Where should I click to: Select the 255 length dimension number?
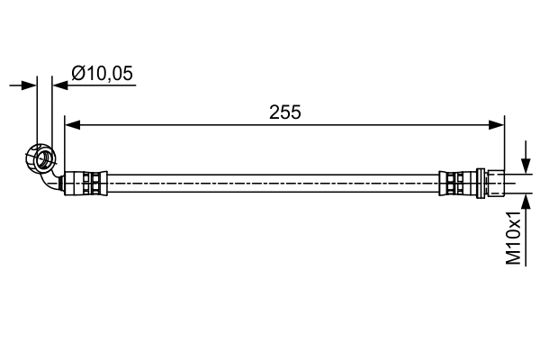[284, 112]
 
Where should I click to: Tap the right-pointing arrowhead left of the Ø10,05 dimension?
[31, 85]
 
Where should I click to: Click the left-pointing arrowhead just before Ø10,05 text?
[59, 85]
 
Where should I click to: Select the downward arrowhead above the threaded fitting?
[526, 167]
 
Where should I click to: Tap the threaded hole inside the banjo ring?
[40, 159]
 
